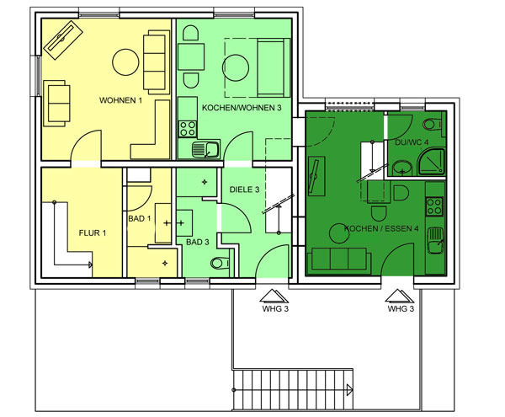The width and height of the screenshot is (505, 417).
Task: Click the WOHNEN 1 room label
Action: [120, 100]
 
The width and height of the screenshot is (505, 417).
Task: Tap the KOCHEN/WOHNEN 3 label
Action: [242, 108]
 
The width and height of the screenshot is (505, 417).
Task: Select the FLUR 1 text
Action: [93, 233]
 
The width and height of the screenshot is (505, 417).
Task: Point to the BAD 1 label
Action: [140, 218]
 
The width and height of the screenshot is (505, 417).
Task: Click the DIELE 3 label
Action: [244, 190]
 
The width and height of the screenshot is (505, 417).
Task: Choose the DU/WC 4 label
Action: [412, 142]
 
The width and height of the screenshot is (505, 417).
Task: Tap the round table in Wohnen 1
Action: [125, 62]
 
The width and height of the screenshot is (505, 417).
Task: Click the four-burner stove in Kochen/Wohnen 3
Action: [188, 128]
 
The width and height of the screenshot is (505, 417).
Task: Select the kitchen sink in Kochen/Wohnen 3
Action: [205, 149]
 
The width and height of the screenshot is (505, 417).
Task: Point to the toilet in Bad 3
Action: [221, 263]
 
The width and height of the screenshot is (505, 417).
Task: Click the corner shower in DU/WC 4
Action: [431, 162]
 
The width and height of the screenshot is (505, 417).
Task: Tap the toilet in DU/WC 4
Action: [433, 124]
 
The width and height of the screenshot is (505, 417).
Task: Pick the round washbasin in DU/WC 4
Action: [402, 168]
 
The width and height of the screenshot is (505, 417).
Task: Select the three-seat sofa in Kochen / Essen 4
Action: [338, 259]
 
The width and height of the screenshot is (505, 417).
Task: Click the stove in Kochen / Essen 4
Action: [434, 206]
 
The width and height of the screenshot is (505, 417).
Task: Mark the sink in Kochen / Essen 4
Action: [435, 240]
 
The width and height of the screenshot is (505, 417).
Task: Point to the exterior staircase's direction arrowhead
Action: [350, 389]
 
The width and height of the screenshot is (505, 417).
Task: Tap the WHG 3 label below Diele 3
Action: [275, 308]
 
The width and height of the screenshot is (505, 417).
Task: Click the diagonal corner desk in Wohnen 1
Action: [63, 40]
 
